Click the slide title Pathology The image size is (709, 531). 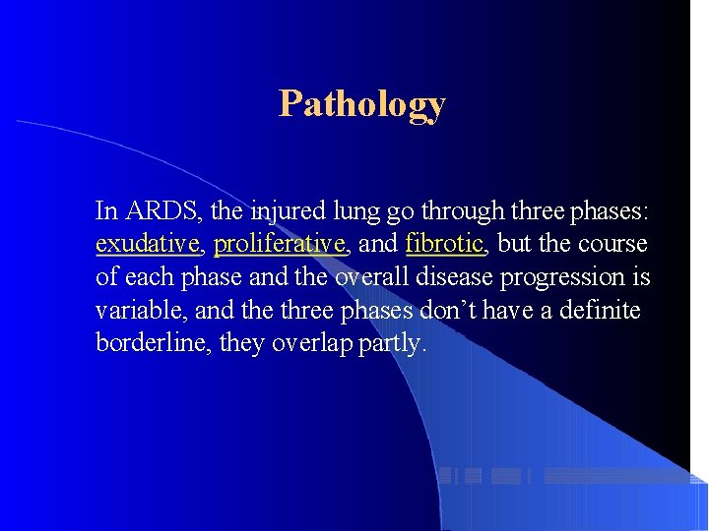pyautogui.click(x=361, y=103)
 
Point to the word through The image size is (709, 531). pyautogui.click(x=463, y=210)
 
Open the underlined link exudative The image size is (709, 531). pyautogui.click(x=148, y=244)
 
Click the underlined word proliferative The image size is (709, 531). pyautogui.click(x=280, y=244)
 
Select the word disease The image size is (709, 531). pyautogui.click(x=455, y=277)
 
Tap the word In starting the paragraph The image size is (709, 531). pyautogui.click(x=105, y=210)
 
